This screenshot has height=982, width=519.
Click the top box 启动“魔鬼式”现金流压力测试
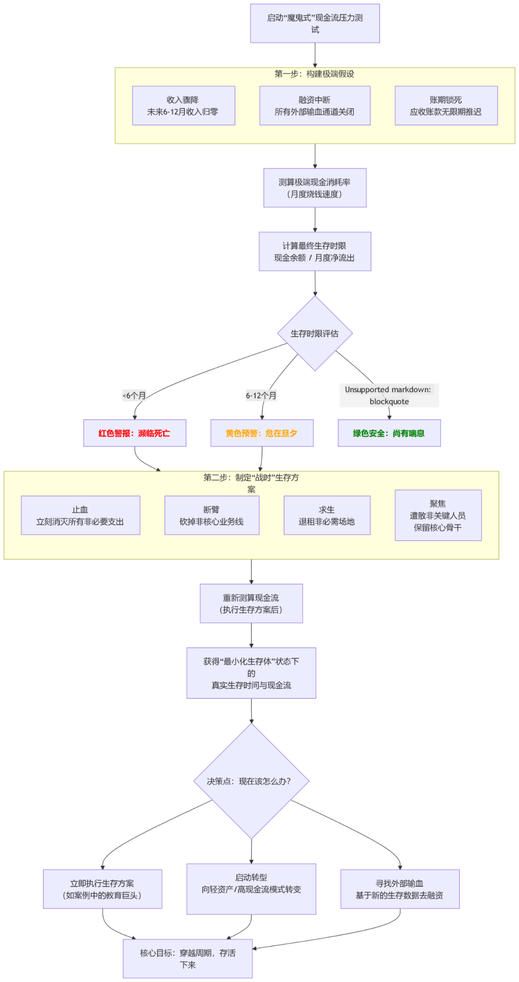pos(315,24)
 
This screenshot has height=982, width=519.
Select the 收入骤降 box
pos(184,106)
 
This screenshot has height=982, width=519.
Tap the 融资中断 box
pos(315,106)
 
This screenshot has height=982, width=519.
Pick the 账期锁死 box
pos(446,106)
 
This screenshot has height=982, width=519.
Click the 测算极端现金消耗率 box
pos(315,188)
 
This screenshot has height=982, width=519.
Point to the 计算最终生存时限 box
pos(315,251)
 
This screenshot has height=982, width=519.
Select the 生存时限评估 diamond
pos(315,334)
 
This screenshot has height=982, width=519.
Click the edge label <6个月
pos(135,396)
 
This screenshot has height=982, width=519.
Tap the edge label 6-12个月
pos(261,396)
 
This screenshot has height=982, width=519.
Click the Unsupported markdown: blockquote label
pos(389,396)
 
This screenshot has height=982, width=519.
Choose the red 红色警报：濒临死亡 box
pos(135,433)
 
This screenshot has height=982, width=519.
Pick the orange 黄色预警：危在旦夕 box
pos(262,433)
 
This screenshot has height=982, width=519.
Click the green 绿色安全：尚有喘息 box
pos(389,433)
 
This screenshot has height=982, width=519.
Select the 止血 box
pos(80,515)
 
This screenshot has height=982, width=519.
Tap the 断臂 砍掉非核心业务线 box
pos(211,515)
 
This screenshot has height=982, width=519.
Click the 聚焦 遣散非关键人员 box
pos(438,515)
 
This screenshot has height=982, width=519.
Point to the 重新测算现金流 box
pos(251,604)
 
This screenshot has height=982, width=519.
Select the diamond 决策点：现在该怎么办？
pos(251,781)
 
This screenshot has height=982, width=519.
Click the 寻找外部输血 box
pos(400,889)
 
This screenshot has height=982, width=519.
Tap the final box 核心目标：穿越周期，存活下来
pos(188,958)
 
